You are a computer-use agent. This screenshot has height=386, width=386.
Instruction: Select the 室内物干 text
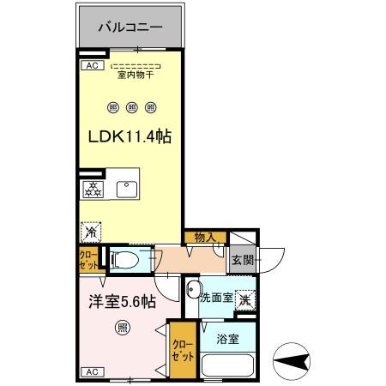coord(136,75)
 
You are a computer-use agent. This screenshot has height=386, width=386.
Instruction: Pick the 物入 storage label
coord(204,237)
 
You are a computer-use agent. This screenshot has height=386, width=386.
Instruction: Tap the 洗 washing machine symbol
coord(244,299)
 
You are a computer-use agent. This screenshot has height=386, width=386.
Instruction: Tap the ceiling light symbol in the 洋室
coord(123,327)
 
